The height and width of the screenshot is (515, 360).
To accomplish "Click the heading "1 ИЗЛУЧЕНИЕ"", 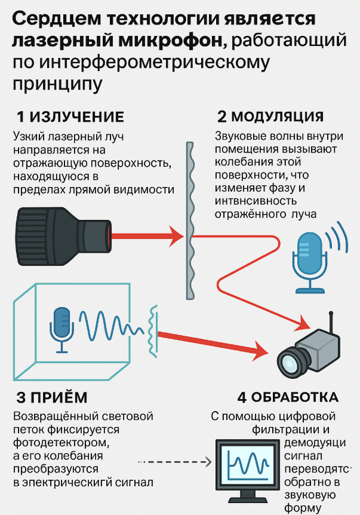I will click(70, 117).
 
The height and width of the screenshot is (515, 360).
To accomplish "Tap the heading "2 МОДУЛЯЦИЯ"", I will click(270, 117).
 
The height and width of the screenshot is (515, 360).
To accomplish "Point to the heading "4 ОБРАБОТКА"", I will click(287, 397).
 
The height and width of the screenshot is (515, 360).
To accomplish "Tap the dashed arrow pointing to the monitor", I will click(176, 462).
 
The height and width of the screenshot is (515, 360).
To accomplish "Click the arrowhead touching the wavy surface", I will click(176, 236).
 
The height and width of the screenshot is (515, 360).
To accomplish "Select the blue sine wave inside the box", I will click(110, 328).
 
